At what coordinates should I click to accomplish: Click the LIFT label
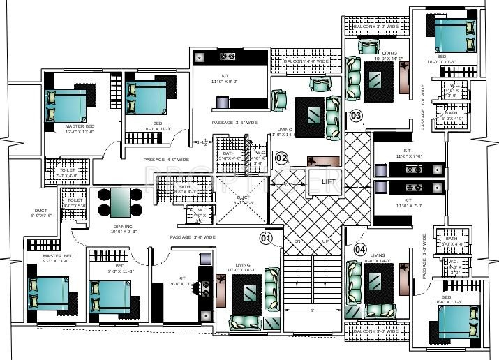[x=329, y=182]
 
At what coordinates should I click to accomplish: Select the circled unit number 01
[x=266, y=238]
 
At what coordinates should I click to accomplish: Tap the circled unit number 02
[x=281, y=158]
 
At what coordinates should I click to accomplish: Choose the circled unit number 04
[x=360, y=248]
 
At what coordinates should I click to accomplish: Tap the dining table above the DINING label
[x=119, y=202]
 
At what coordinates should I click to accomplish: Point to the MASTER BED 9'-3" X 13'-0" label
[x=43, y=259]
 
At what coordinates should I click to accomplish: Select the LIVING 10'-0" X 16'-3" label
[x=243, y=267]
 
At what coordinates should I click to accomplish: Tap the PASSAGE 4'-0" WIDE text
[x=166, y=160]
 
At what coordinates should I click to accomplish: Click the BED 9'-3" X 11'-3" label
[x=120, y=269]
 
